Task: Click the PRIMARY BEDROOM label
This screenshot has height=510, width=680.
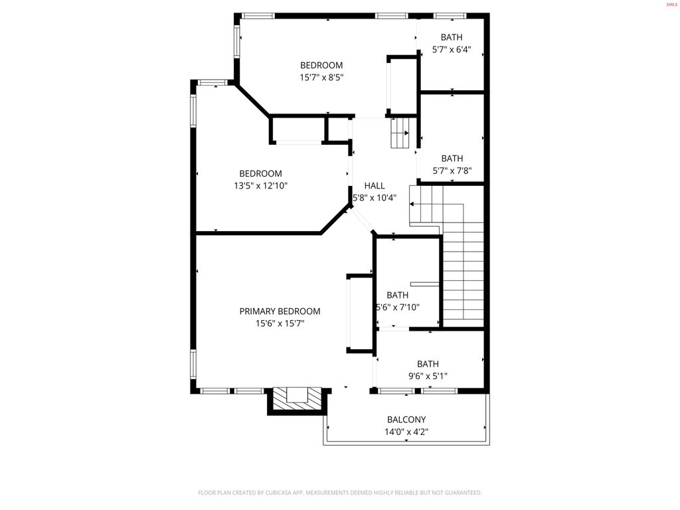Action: pyautogui.click(x=280, y=311)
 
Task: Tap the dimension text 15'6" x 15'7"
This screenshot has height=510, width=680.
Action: pyautogui.click(x=280, y=323)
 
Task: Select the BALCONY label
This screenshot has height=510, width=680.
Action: pyautogui.click(x=406, y=420)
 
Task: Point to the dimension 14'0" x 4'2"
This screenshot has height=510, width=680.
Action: pyautogui.click(x=406, y=432)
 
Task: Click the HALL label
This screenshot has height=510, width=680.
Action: pyautogui.click(x=374, y=186)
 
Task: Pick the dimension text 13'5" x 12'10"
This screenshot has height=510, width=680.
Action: pyautogui.click(x=260, y=186)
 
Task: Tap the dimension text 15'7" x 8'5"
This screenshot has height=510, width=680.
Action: pyautogui.click(x=321, y=77)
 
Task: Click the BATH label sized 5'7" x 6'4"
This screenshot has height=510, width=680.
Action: pyautogui.click(x=452, y=37)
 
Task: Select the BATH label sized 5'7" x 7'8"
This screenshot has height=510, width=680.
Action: pyautogui.click(x=452, y=158)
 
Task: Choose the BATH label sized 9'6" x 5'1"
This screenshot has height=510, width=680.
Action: pyautogui.click(x=428, y=363)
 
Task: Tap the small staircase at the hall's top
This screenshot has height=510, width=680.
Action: pyautogui.click(x=400, y=133)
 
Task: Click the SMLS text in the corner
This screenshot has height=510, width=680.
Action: pyautogui.click(x=671, y=5)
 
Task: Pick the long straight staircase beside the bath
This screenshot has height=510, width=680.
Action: pyautogui.click(x=463, y=279)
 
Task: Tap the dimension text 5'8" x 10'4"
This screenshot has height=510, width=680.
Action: pyautogui.click(x=379, y=198)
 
